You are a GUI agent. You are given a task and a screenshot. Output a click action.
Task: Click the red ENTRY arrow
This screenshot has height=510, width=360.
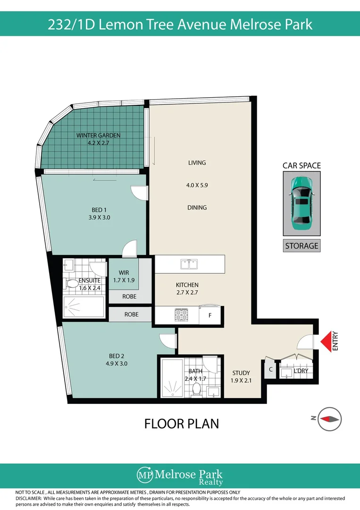tap(326, 341)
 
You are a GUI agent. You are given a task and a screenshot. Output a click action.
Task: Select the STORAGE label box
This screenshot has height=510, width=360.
tap(302, 246)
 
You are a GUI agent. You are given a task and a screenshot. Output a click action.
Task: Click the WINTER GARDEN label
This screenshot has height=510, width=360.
tap(99, 136)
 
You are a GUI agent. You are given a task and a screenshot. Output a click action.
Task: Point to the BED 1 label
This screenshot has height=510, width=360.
tap(99, 210)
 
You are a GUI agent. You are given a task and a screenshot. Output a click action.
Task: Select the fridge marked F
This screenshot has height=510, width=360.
tap(210, 315)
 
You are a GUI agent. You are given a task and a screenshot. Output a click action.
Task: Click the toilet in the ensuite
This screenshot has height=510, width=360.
tap(72, 284)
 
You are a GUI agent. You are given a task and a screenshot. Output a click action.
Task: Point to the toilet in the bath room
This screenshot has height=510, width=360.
tap(197, 389)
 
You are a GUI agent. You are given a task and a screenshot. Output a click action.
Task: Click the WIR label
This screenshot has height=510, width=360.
tap(124, 272)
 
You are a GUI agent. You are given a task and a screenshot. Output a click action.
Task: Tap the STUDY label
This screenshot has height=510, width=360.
tap(241, 373)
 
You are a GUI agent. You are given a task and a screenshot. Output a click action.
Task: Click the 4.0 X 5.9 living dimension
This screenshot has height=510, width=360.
tap(197, 186)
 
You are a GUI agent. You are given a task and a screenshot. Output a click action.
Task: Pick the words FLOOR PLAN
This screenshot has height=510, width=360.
tap(181, 424)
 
